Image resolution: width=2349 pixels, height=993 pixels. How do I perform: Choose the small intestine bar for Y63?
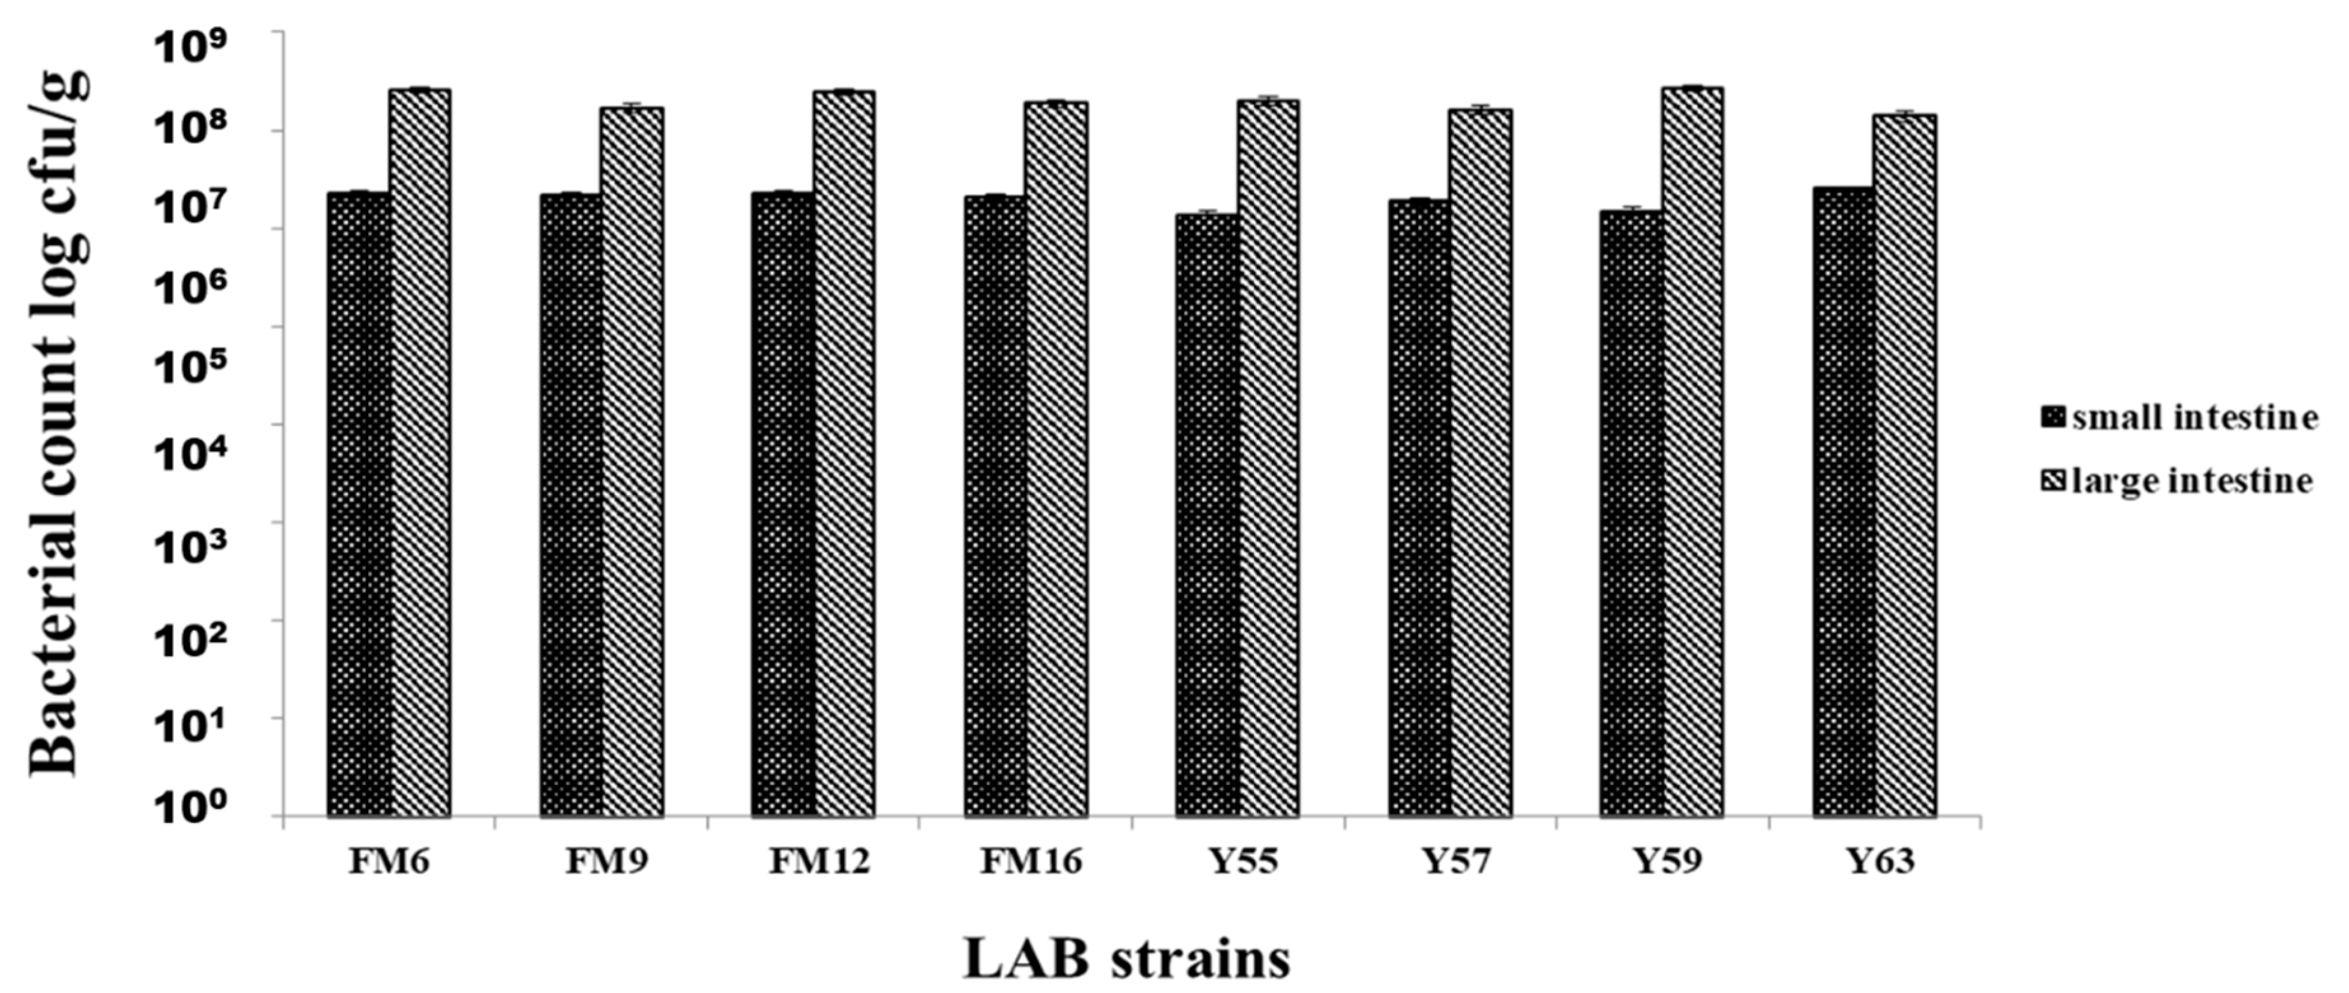[x=1844, y=501]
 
